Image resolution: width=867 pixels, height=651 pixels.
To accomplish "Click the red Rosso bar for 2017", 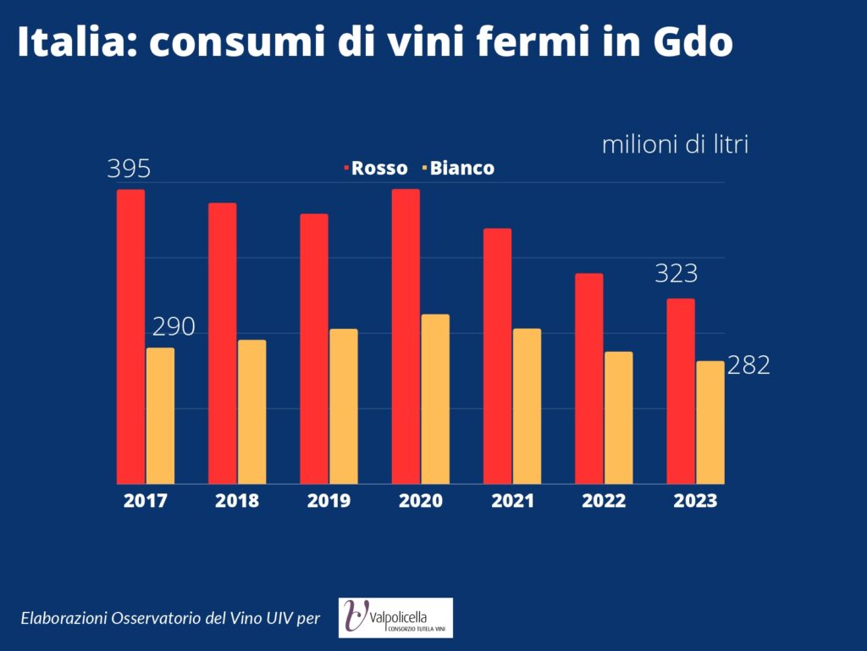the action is click(x=130, y=337).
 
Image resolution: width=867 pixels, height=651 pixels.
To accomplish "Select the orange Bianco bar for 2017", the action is click(x=160, y=415).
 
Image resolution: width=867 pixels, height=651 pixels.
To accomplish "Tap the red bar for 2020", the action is click(x=406, y=337).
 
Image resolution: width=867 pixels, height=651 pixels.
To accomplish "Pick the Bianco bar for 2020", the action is click(x=436, y=399).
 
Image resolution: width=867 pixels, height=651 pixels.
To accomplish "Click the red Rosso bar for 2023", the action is click(x=681, y=392).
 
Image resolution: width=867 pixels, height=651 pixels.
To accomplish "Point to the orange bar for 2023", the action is click(x=710, y=422).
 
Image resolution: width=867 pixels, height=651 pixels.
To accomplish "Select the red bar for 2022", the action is click(x=589, y=379).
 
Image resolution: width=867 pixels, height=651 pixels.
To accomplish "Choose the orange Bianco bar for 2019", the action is click(x=344, y=406).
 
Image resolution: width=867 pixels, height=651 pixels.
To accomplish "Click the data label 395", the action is click(x=129, y=169).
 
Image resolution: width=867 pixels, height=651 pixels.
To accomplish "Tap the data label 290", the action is click(x=174, y=327).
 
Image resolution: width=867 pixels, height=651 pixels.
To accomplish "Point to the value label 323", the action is click(x=676, y=274).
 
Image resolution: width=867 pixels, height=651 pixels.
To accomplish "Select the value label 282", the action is click(x=748, y=365).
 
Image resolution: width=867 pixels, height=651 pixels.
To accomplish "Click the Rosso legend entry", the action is click(x=376, y=168).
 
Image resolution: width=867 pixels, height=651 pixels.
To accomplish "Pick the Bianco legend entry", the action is click(x=458, y=168).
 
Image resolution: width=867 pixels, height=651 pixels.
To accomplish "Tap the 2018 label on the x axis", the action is click(x=237, y=500).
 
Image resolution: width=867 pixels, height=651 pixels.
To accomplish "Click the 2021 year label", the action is click(x=512, y=500).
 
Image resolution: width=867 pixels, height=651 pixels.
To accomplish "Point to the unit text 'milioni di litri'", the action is click(x=675, y=144).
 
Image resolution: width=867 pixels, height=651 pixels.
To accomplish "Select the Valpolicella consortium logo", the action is click(x=396, y=618).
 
